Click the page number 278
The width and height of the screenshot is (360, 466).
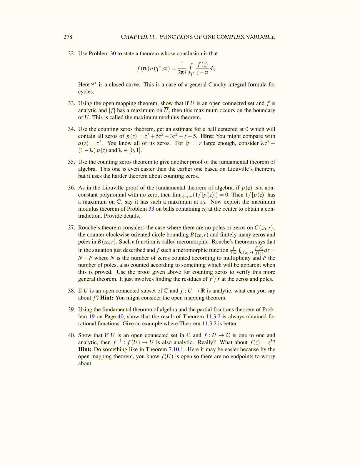click(68, 37)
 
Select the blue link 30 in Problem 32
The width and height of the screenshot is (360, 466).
click(113, 54)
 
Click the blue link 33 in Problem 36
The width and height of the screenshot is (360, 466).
click(151, 209)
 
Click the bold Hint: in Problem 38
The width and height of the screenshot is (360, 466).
click(107, 298)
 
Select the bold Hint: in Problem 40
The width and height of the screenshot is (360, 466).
click(85, 349)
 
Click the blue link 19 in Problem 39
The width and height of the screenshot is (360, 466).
click(92, 317)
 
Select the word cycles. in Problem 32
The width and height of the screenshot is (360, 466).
click(86, 91)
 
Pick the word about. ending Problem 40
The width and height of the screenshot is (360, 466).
click(85, 363)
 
